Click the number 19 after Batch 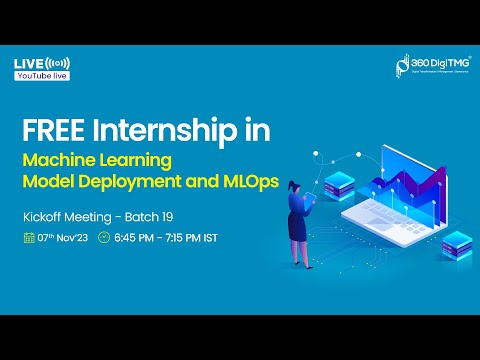click(156, 216)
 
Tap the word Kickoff click(46, 216)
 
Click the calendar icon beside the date click(29, 238)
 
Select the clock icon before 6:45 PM click(103, 238)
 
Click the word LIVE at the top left click(28, 64)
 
